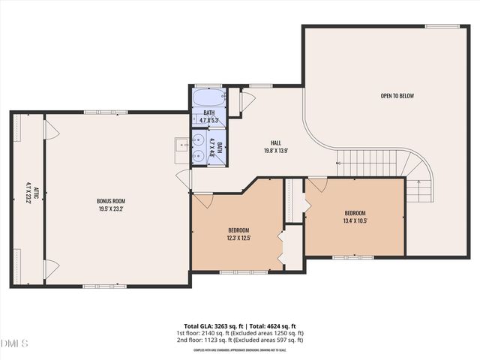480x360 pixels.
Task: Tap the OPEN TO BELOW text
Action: coord(397,95)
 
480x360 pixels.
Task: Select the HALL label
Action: coord(276,142)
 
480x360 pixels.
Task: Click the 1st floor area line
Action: coord(240,333)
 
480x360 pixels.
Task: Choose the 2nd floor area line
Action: coord(240,340)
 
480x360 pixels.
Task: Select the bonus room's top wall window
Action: coord(100,112)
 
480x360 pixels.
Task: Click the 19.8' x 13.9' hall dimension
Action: coord(276,150)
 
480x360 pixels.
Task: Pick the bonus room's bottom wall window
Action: coord(100,286)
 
